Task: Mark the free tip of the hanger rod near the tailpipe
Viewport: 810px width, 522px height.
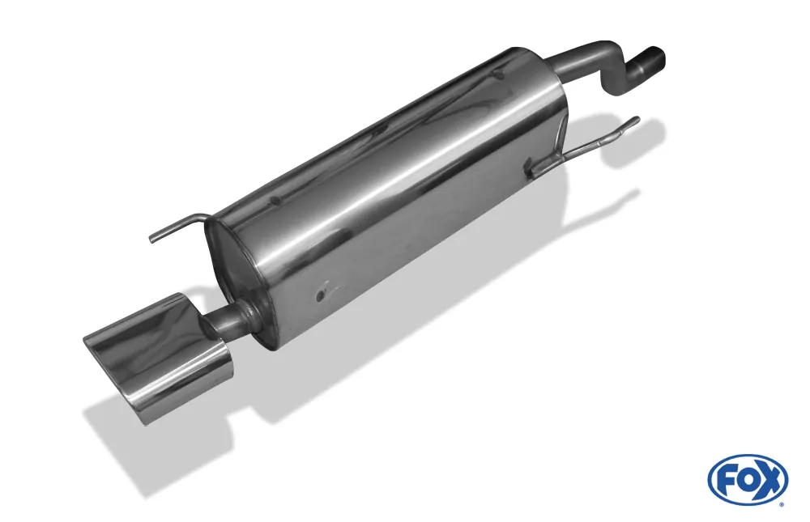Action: (151, 240)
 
